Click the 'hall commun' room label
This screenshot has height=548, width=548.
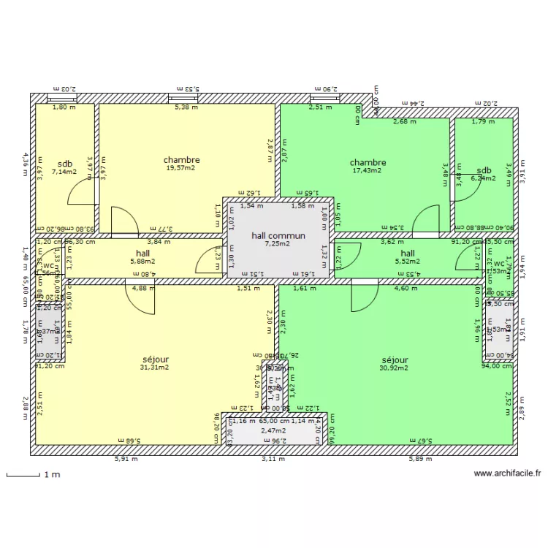[x=278, y=236]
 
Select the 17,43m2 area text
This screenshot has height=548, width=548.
[x=368, y=171]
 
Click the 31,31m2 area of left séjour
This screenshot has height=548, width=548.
[x=154, y=368]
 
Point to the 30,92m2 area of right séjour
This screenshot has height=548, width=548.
[x=394, y=368]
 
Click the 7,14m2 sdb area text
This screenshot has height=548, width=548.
[x=64, y=172]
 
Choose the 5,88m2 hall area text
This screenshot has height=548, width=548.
[x=142, y=261]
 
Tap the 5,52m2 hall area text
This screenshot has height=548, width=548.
[x=407, y=261]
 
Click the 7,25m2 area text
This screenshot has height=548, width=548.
[x=278, y=244]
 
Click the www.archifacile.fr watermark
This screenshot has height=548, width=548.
[x=507, y=473]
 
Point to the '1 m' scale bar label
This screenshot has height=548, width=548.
[x=51, y=475]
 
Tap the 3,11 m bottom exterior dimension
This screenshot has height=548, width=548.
[x=273, y=460]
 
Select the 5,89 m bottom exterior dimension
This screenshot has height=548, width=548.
[x=419, y=460]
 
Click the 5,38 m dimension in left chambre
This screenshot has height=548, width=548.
[x=185, y=107]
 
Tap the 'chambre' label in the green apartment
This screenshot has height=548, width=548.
[x=368, y=162]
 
